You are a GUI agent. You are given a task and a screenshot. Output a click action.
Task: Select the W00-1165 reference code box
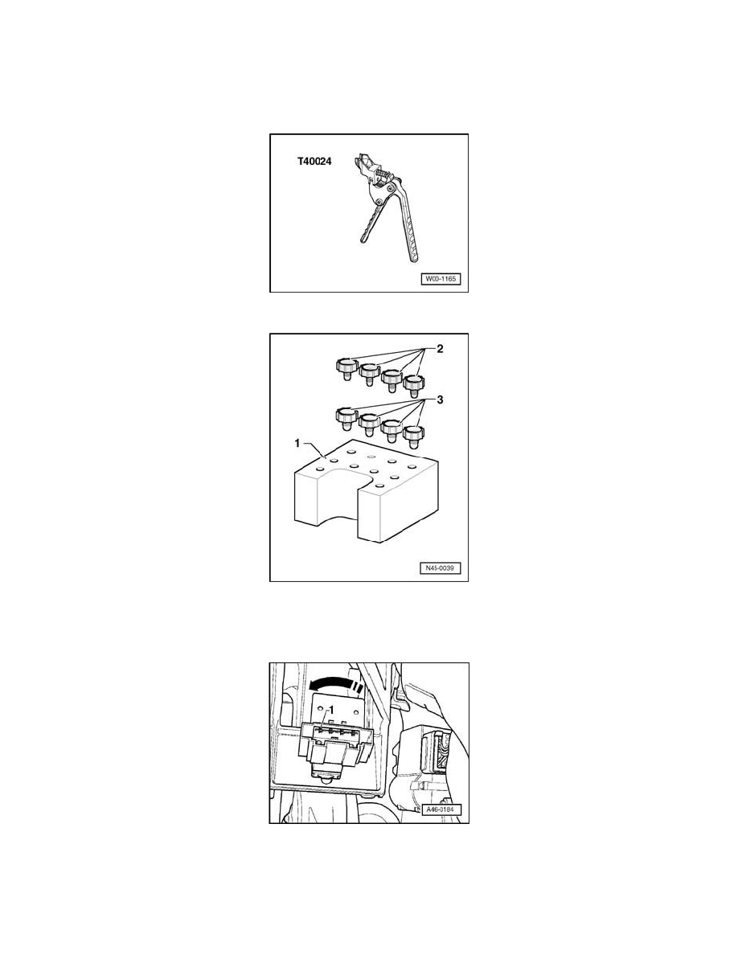coord(441,280)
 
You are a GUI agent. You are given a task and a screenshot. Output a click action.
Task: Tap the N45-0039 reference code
coord(441,569)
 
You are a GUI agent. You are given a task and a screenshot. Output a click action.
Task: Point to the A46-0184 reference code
coord(441,809)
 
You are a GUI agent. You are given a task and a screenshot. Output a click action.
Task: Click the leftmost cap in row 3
coord(344,417)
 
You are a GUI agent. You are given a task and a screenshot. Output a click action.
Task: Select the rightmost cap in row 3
coord(413,434)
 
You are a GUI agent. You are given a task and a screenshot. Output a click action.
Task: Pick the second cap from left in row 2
coord(369,374)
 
